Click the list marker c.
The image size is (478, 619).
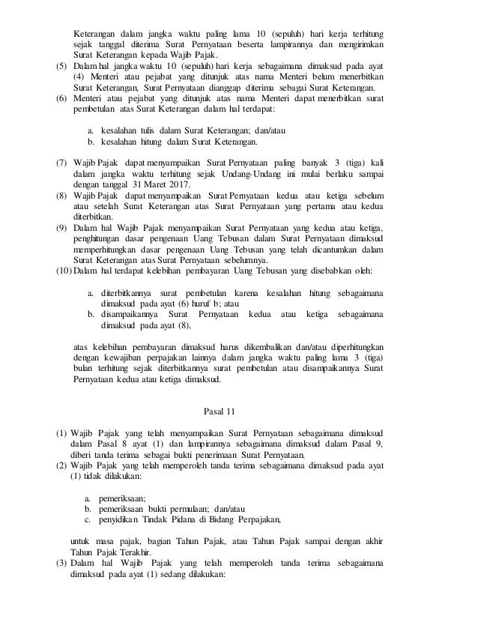point(88,519)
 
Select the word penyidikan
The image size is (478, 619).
point(125,519)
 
